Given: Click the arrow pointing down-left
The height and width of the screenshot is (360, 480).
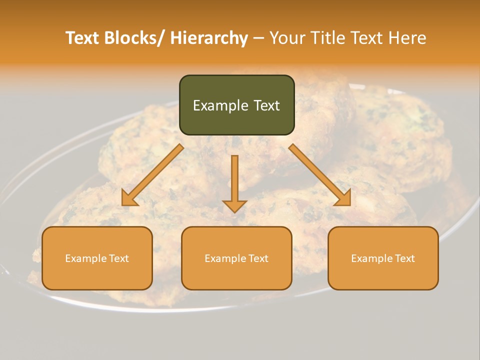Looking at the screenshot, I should coord(152,175).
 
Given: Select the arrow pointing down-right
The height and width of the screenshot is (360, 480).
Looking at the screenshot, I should coord(320,175).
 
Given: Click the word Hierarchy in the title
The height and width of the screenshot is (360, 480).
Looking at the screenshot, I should coord(209,38).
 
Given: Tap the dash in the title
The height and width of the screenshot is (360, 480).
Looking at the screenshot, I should coord(258,38).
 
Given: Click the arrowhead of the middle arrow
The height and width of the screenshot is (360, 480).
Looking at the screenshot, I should coord(234,205).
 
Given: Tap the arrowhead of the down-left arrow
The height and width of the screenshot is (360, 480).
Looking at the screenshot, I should coord(129,198).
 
